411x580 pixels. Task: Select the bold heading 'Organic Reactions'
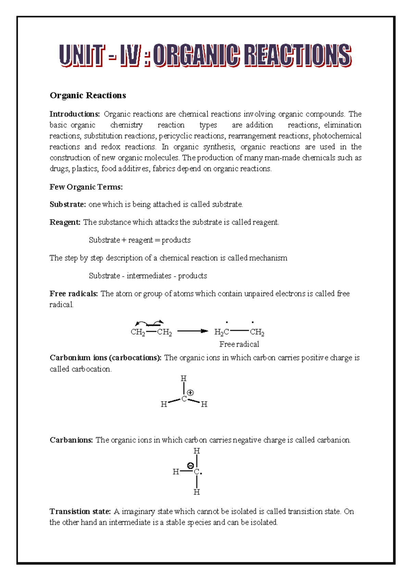(x=88, y=95)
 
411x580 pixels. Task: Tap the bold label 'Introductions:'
(x=75, y=114)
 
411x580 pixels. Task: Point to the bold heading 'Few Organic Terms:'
(x=86, y=187)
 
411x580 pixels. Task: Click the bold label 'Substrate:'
(x=68, y=205)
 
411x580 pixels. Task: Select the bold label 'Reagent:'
(x=65, y=222)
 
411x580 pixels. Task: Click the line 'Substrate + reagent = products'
(x=139, y=240)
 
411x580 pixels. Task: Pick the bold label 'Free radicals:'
(x=74, y=294)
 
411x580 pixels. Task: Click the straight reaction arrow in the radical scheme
(x=192, y=331)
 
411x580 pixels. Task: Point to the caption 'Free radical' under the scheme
(x=239, y=344)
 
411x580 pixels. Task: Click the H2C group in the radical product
(x=221, y=332)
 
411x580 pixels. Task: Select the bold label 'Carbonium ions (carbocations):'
(x=105, y=358)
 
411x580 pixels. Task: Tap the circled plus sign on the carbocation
(x=190, y=393)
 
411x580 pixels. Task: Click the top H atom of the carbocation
(x=184, y=379)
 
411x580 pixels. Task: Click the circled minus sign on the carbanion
(x=190, y=465)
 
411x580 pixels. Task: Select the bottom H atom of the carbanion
(x=197, y=492)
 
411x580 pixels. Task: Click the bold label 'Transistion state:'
(x=80, y=512)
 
